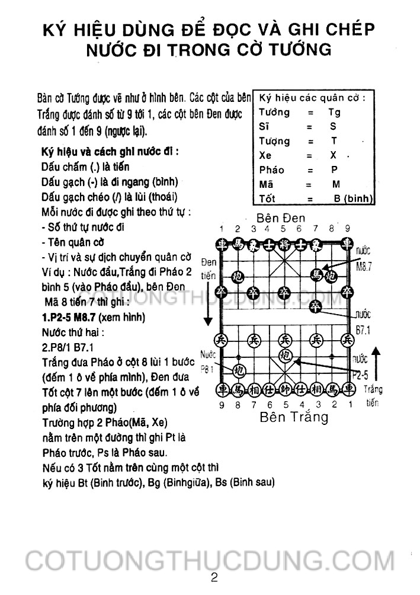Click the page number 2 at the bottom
pos(214,578)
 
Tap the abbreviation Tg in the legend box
pos(335,112)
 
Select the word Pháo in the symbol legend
pos(272,169)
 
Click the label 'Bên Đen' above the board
pos(281,217)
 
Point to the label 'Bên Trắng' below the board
pos(294,417)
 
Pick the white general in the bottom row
pos(285,389)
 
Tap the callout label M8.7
pos(363,267)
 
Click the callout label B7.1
pos(363,330)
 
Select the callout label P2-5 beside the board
pos(359,375)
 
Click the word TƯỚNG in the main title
pos(300,49)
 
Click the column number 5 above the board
pos(284,229)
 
